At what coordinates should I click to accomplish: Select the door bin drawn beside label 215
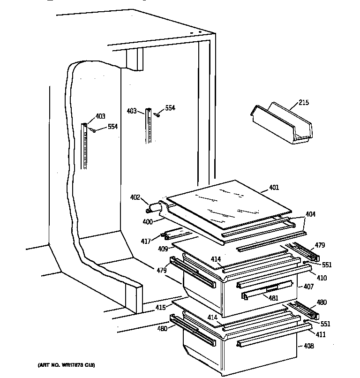tap(281, 124)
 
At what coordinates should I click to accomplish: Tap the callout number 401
tap(274, 188)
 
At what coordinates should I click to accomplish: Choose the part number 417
tap(146, 241)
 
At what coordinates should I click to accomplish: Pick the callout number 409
tap(163, 249)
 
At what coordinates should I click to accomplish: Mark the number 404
tap(310, 214)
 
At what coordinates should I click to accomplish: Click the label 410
tap(322, 278)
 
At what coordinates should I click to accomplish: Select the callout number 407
tap(309, 287)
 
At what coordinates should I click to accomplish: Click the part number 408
tap(308, 346)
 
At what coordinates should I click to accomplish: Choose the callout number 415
tap(161, 308)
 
